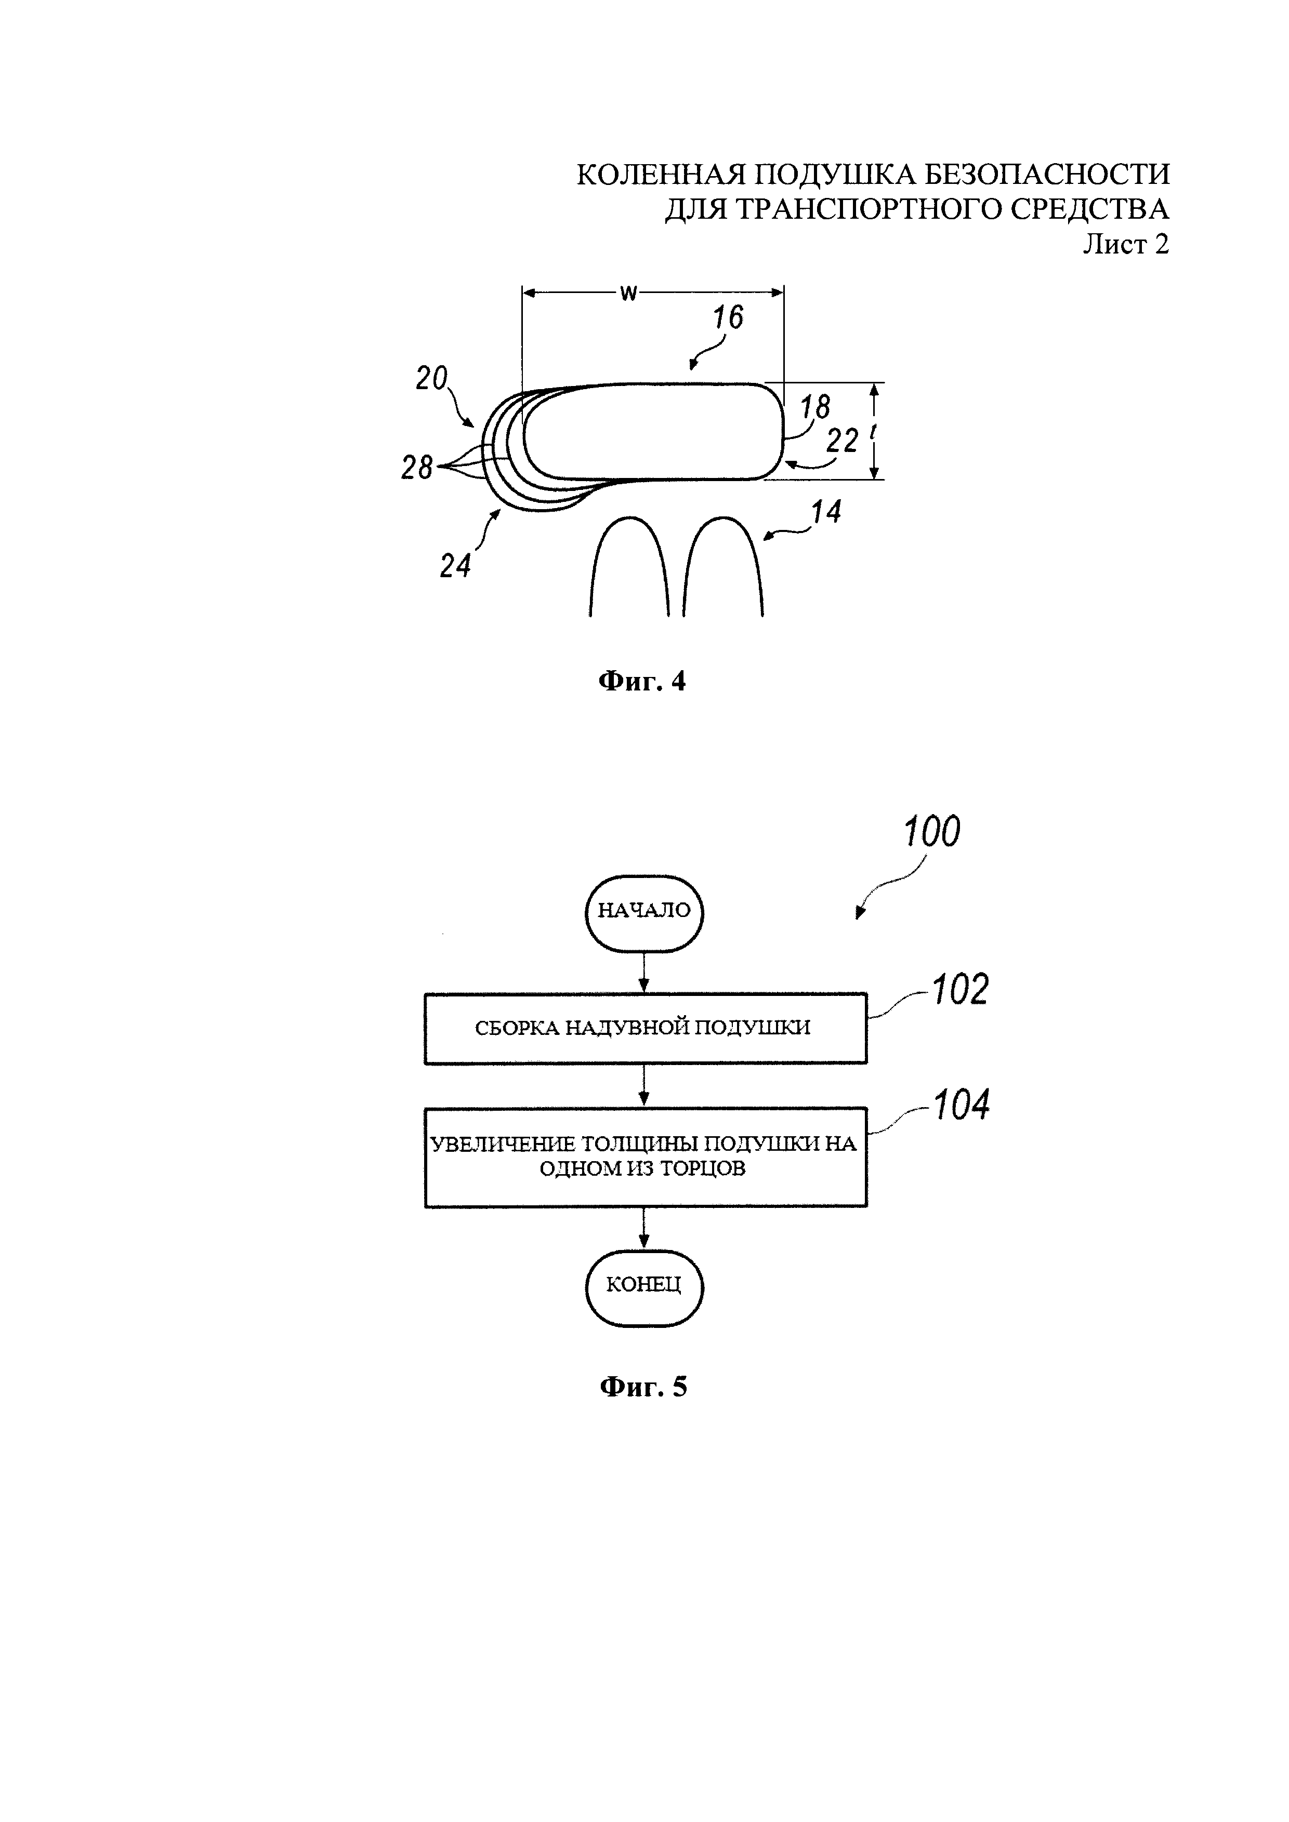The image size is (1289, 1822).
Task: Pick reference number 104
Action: [x=961, y=1106]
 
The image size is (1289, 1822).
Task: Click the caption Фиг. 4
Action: [x=641, y=682]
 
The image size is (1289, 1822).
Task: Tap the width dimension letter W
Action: [x=628, y=294]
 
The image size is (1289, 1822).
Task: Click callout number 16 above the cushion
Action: [x=727, y=317]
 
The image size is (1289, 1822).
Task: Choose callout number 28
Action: [x=417, y=468]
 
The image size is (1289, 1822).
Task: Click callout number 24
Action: [x=456, y=566]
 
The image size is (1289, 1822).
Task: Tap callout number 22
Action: [x=842, y=441]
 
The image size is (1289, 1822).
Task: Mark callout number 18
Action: [x=814, y=407]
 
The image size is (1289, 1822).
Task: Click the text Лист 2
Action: [x=1126, y=244]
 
